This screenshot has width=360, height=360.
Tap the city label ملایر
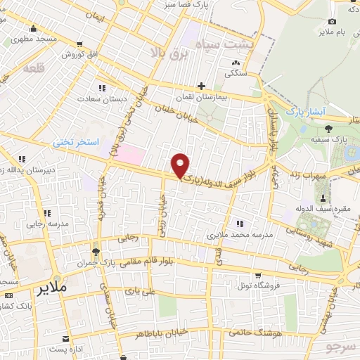tap(53, 288)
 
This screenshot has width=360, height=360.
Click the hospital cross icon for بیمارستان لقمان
tap(202, 86)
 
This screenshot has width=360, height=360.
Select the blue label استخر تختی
tap(77, 142)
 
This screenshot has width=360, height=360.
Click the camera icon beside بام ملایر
tap(332, 22)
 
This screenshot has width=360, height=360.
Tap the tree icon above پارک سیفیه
tap(329, 128)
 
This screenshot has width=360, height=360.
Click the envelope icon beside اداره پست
tap(66, 339)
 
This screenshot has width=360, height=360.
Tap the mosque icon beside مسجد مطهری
tap(33, 29)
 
